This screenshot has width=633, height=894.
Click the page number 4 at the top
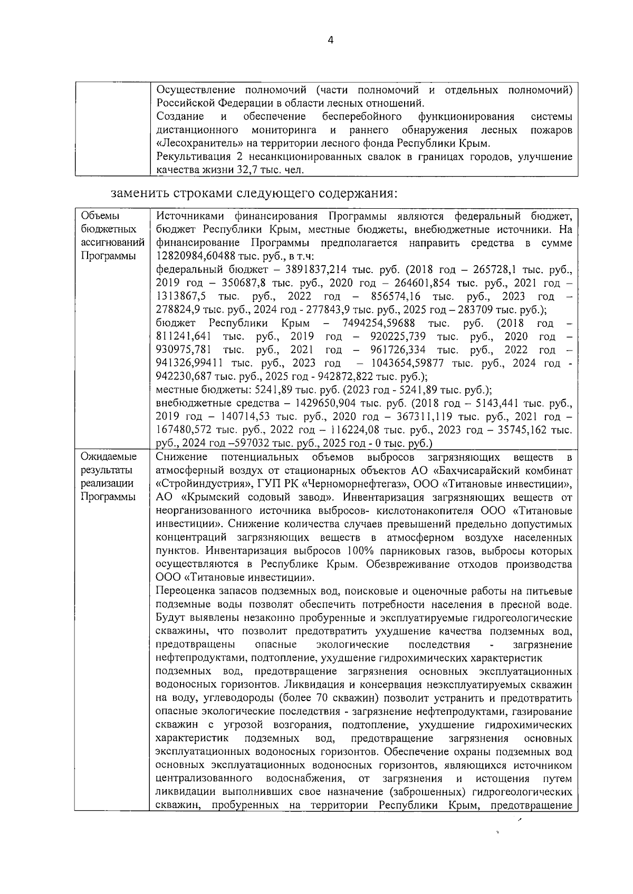[331, 41]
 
